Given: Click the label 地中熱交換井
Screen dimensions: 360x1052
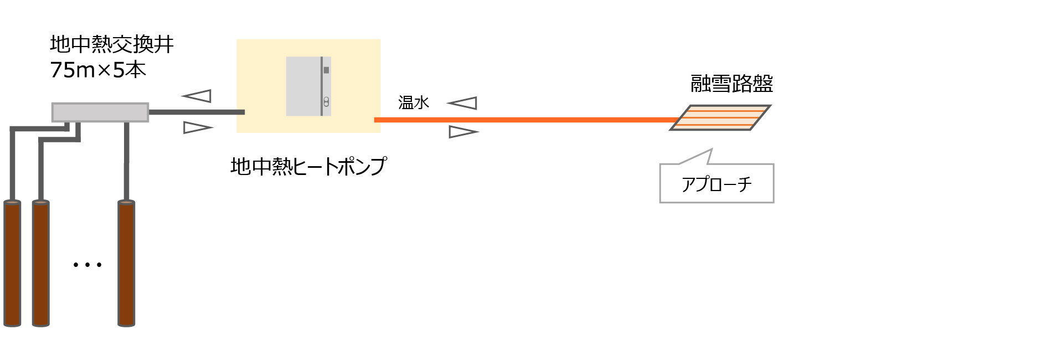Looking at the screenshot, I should pyautogui.click(x=111, y=44).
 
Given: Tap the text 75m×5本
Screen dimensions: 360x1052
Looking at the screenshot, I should pyautogui.click(x=98, y=70).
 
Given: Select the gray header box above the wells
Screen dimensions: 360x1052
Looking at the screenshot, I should pyautogui.click(x=100, y=112).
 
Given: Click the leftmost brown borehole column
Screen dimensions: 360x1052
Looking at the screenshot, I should pyautogui.click(x=12, y=264).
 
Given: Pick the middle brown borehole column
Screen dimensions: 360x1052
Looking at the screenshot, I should pyautogui.click(x=41, y=264).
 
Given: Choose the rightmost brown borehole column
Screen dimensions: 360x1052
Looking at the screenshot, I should pyautogui.click(x=126, y=264).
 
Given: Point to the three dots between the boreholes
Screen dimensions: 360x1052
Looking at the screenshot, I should pyautogui.click(x=87, y=265).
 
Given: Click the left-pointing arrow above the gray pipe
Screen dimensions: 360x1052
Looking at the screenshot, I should pyautogui.click(x=198, y=96).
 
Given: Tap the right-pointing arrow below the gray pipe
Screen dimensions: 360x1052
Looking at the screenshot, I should pyautogui.click(x=197, y=128).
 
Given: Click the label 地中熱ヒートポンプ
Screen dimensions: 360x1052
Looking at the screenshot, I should pyautogui.click(x=308, y=166).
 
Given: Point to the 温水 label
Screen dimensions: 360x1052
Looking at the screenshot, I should pyautogui.click(x=414, y=102).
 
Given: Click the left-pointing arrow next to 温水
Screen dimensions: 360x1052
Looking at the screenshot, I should pyautogui.click(x=462, y=103).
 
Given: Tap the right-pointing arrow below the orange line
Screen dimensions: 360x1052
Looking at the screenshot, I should pyautogui.click(x=463, y=132).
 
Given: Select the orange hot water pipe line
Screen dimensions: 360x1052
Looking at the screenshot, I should pyautogui.click(x=520, y=120).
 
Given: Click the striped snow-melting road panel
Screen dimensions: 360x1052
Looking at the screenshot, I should pyautogui.click(x=720, y=117).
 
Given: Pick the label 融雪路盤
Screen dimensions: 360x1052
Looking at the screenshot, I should pyautogui.click(x=731, y=84).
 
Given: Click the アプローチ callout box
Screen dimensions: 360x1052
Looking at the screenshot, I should pyautogui.click(x=716, y=183).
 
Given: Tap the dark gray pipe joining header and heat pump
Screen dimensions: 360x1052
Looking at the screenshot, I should pyautogui.click(x=197, y=112).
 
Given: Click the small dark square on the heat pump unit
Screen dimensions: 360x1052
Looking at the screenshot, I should pyautogui.click(x=326, y=70).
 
